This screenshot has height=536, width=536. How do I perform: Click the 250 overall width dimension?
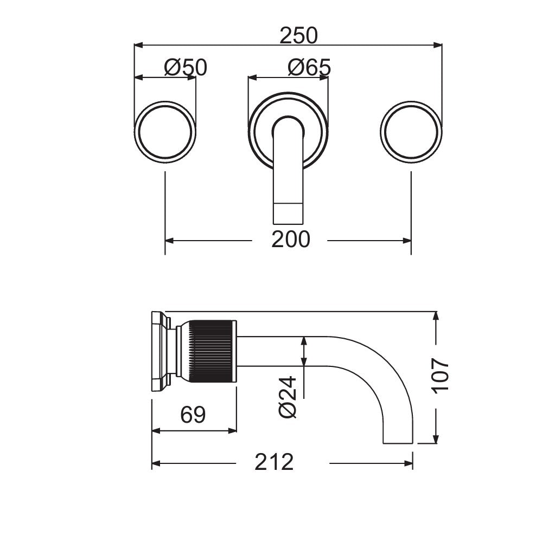(x=298, y=36)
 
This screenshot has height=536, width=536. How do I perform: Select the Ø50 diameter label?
(x=186, y=68)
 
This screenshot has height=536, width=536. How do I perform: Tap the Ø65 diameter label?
(x=309, y=68)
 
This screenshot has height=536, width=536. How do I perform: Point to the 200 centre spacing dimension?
(x=290, y=240)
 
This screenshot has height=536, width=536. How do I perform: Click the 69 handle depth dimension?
(x=193, y=415)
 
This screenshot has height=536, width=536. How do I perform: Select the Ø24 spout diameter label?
(x=288, y=397)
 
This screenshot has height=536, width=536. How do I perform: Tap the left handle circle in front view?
(x=165, y=132)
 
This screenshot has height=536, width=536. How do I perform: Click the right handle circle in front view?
(x=411, y=132)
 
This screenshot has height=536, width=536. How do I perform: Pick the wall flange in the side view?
(x=159, y=351)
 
